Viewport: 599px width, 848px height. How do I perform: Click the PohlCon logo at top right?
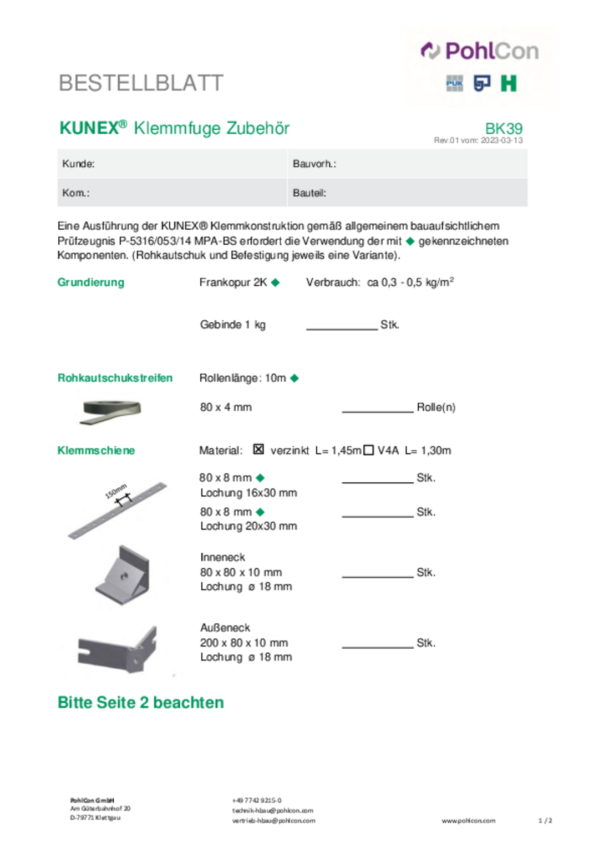pyautogui.click(x=480, y=51)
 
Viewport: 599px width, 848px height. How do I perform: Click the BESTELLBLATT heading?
pyautogui.click(x=141, y=83)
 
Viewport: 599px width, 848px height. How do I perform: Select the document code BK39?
pyautogui.click(x=504, y=128)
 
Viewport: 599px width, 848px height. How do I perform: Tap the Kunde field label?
pyautogui.click(x=78, y=164)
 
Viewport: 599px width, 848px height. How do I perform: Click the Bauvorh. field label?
pyautogui.click(x=314, y=164)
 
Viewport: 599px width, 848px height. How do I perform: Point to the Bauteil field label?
pyautogui.click(x=309, y=193)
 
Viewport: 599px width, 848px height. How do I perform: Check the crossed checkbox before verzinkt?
pyautogui.click(x=258, y=450)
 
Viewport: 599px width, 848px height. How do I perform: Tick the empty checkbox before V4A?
pyautogui.click(x=368, y=450)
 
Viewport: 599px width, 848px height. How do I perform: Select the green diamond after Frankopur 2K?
pyautogui.click(x=276, y=282)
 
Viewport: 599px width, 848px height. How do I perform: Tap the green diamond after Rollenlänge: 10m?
pyautogui.click(x=295, y=378)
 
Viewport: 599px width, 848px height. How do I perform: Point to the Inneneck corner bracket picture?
pyautogui.click(x=123, y=574)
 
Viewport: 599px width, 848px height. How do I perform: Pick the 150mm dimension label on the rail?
pyautogui.click(x=116, y=491)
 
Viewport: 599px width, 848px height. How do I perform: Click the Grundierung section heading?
pyautogui.click(x=91, y=282)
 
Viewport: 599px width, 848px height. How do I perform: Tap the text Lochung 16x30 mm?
pyautogui.click(x=248, y=493)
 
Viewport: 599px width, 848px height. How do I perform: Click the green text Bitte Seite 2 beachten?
pyautogui.click(x=141, y=703)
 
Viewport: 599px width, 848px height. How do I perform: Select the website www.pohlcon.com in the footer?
pyautogui.click(x=468, y=821)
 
